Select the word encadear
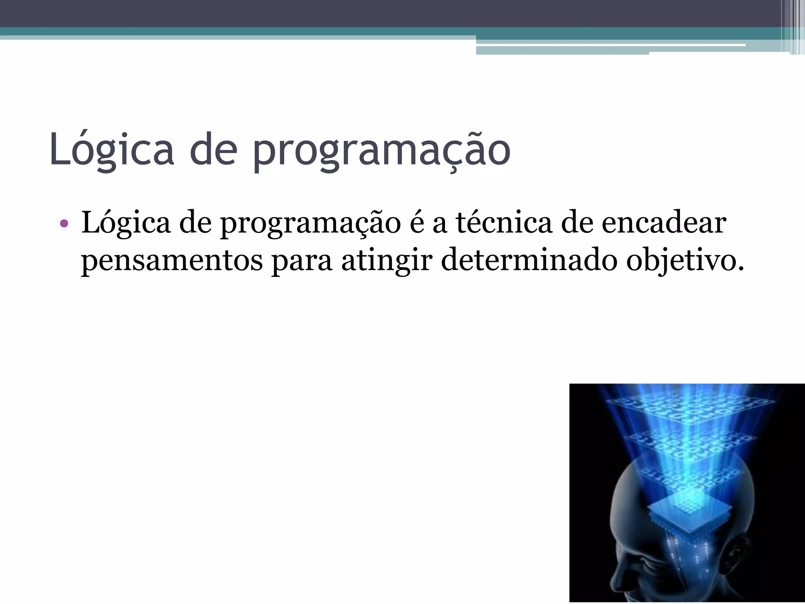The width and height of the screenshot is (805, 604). tap(664, 223)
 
